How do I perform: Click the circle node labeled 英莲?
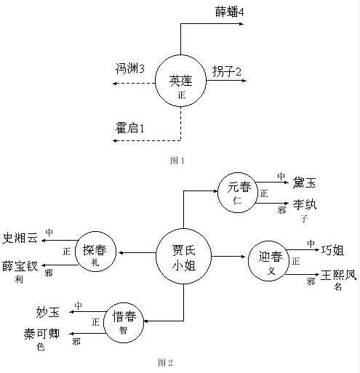tap(180, 82)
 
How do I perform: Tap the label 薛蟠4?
tap(228, 12)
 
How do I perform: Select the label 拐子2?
tap(227, 71)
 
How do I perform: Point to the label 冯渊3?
tap(130, 69)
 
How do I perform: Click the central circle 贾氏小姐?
tap(183, 255)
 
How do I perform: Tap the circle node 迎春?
tap(268, 262)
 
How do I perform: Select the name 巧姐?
tap(336, 251)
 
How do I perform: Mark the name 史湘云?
tap(21, 239)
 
